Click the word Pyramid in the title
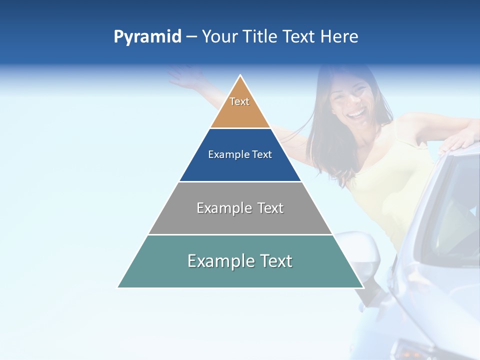[x=147, y=37]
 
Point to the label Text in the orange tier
[x=239, y=101]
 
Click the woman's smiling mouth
[x=356, y=114]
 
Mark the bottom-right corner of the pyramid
[x=363, y=287]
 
